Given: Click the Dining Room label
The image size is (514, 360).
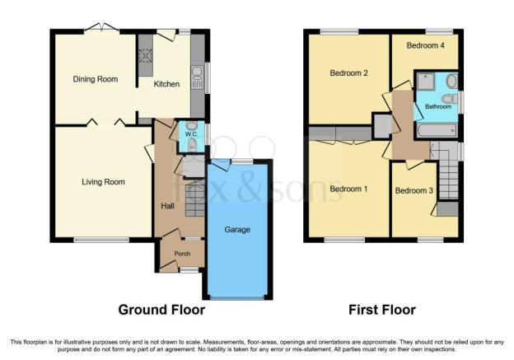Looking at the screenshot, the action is pos(95,79).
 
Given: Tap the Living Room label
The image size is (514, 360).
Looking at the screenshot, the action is pos(103,182).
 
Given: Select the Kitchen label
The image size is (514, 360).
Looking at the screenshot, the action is pos(166,84).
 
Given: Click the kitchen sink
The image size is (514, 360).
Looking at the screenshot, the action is pos(197,78).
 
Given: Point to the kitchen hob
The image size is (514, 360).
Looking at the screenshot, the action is pos(145,55).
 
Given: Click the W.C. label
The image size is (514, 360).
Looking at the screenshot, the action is pos(191,134).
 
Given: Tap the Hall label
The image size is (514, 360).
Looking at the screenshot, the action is pos(167,206).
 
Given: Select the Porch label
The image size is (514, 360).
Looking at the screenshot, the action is pos(182,254).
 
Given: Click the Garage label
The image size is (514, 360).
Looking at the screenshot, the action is pos(237,230).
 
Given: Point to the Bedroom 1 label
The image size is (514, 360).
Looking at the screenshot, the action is pos(348,189).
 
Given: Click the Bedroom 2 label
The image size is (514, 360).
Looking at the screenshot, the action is pos(348,72).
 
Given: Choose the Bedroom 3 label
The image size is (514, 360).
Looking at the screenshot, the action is pos(414,190).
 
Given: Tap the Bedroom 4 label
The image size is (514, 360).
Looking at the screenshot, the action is pos(426,45).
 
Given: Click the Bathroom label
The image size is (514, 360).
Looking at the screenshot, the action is pos(438,106).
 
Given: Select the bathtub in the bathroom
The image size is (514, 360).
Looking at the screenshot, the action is pos(437,131).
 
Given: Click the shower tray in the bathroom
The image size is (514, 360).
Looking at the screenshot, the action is pos(426,81).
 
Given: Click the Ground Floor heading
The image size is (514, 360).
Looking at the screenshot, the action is pos(161,310).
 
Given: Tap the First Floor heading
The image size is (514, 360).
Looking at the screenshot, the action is pos(382,310).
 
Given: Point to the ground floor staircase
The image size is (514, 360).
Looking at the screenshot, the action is pos(195,199).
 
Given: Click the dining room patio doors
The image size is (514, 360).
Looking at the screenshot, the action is pos(101,29).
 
